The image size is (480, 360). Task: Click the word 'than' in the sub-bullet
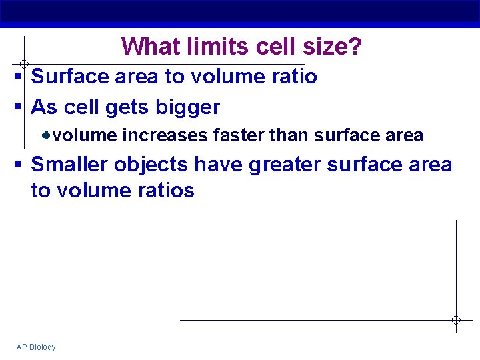click(x=290, y=136)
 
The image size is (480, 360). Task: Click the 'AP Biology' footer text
click(x=36, y=347)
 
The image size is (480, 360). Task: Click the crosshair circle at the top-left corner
click(x=23, y=64)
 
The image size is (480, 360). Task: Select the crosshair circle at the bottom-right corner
click(x=456, y=320)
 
